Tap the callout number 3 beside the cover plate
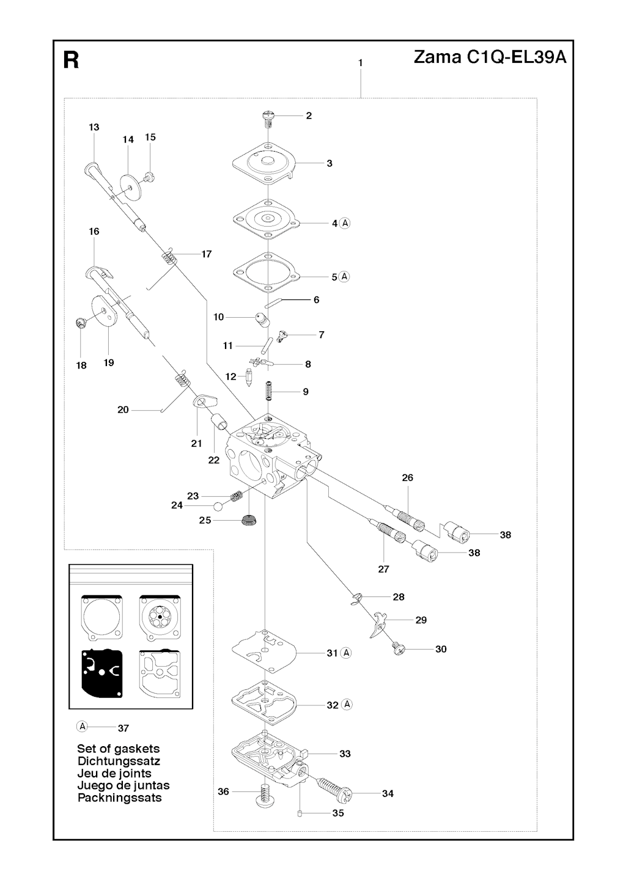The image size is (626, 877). (330, 163)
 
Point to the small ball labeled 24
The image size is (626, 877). (218, 505)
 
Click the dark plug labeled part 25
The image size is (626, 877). (248, 521)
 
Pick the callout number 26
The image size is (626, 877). (408, 477)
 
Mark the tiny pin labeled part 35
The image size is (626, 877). (300, 813)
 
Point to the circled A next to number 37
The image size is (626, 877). (83, 727)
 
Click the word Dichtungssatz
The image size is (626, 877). (119, 761)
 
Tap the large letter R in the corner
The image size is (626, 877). (72, 61)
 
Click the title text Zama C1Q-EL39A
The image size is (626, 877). (490, 58)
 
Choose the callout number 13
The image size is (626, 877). (94, 127)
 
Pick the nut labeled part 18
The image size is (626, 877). (79, 323)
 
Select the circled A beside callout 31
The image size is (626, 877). (347, 653)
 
